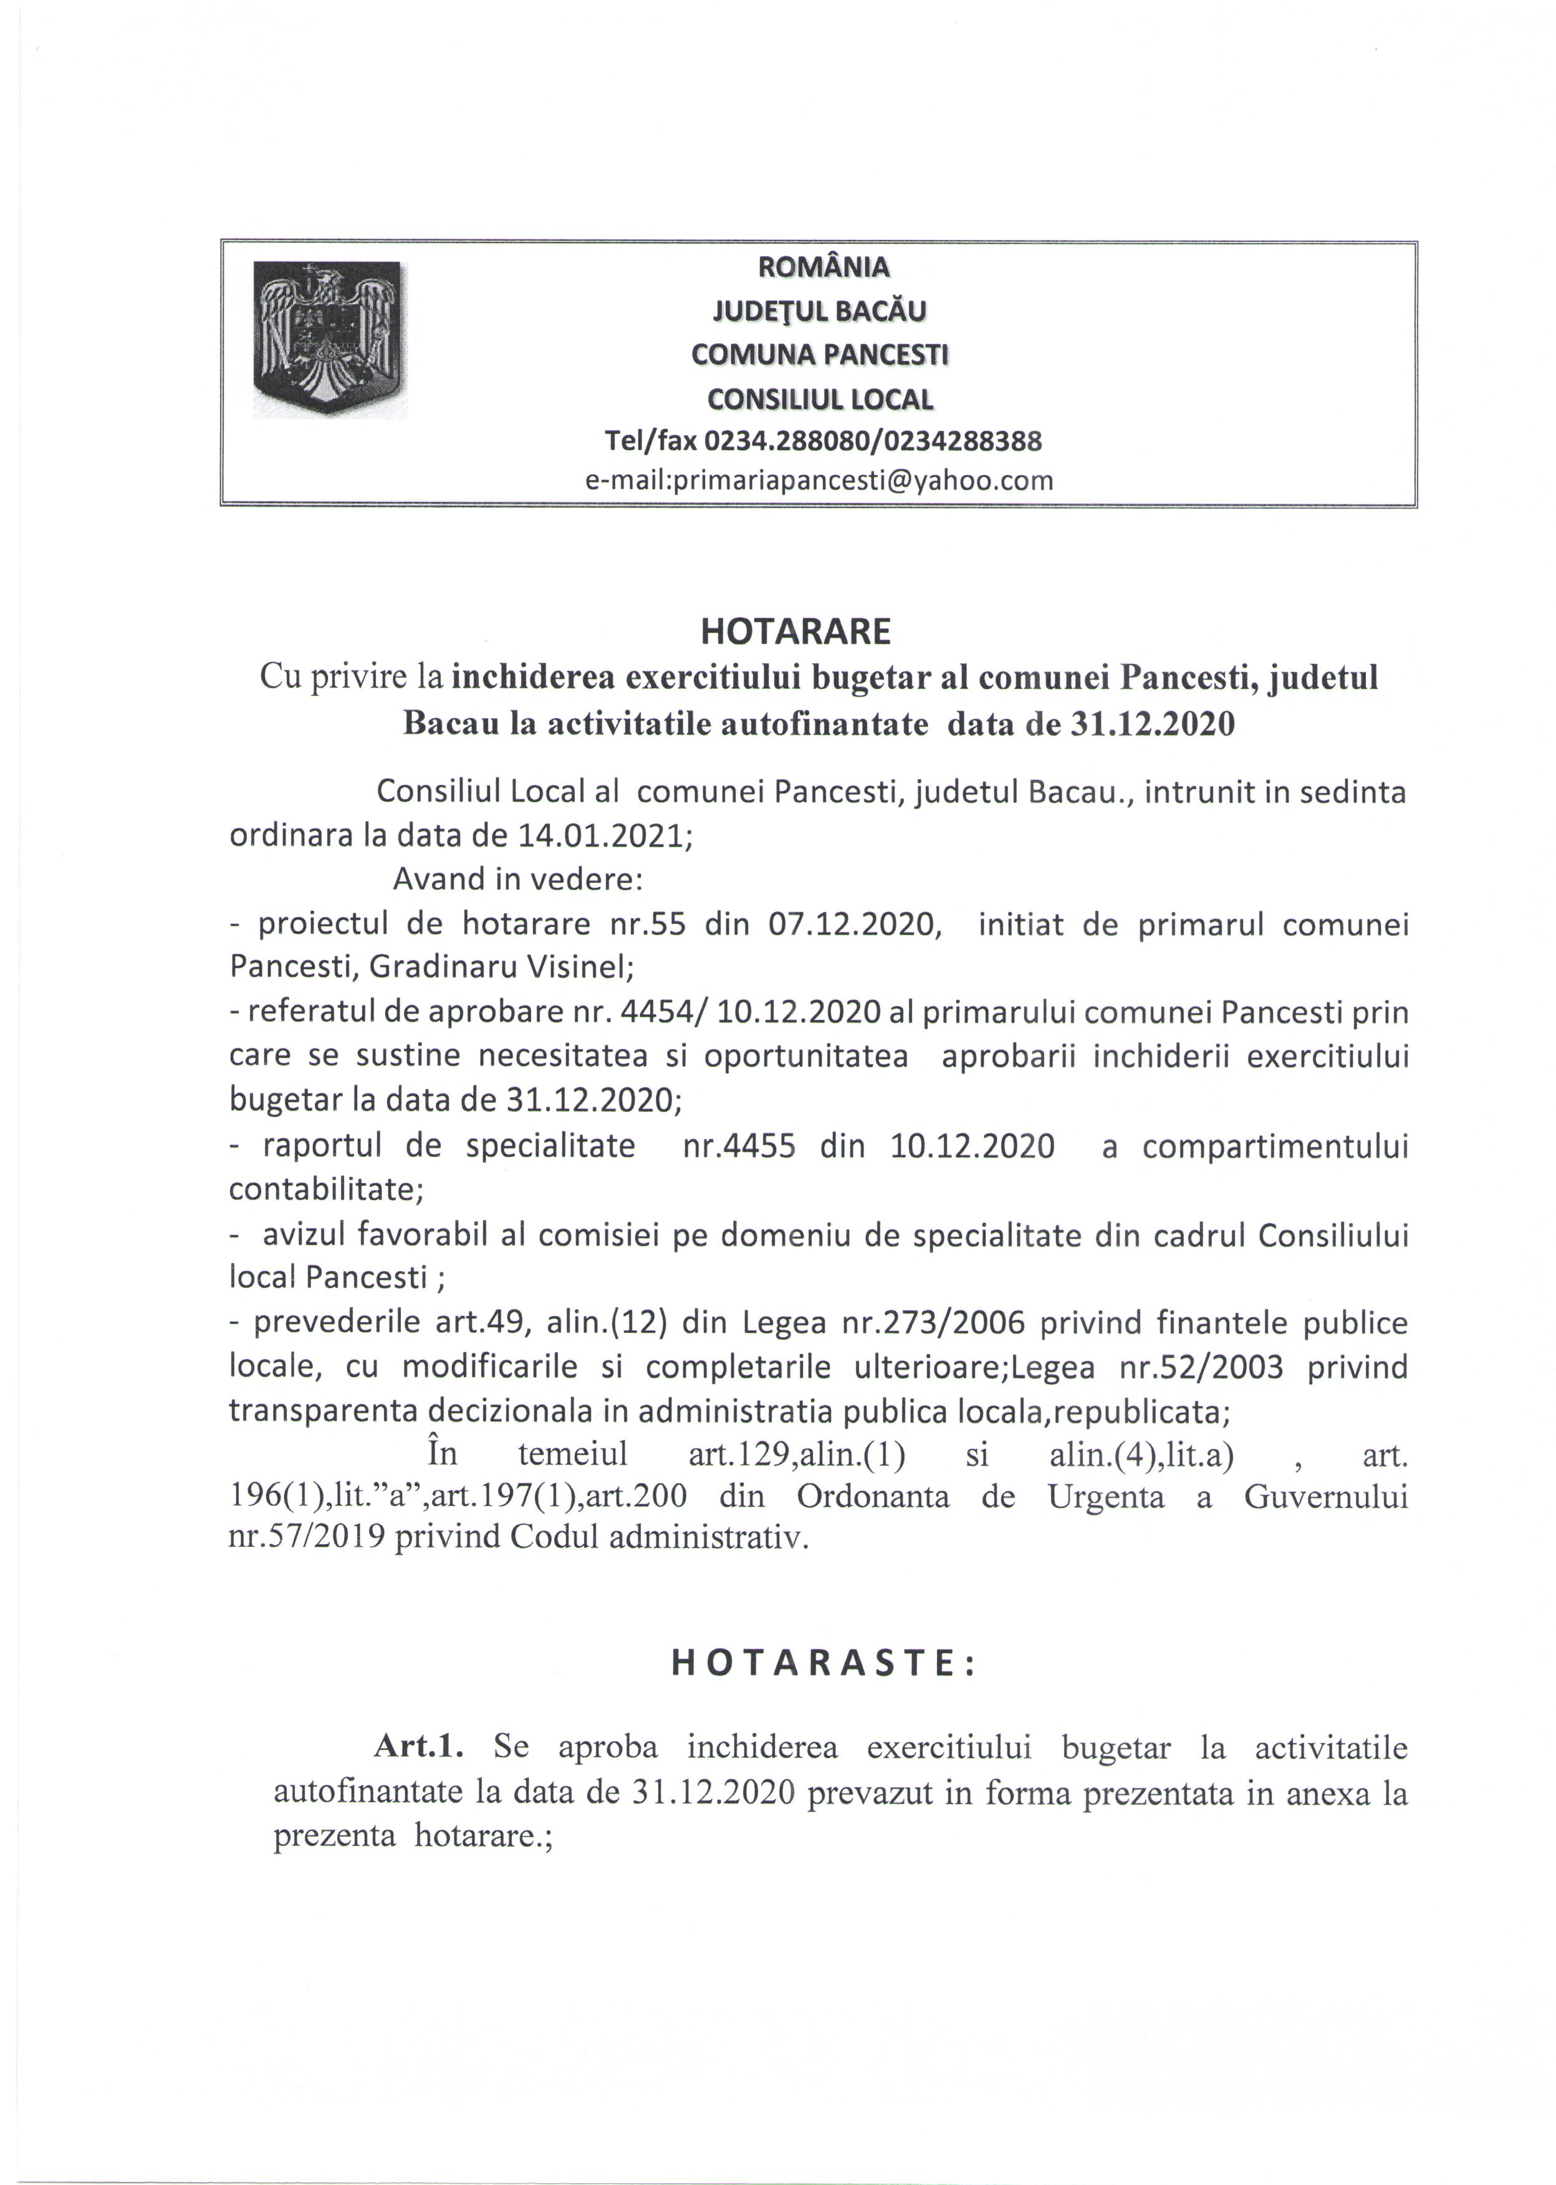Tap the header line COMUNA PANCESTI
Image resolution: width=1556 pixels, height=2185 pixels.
pyautogui.click(x=820, y=355)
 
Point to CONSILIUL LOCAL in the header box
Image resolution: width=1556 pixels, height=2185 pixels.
pyautogui.click(x=820, y=398)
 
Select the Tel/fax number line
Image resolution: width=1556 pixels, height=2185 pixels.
pyautogui.click(x=823, y=441)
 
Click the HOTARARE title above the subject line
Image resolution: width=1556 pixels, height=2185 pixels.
pyautogui.click(x=795, y=631)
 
